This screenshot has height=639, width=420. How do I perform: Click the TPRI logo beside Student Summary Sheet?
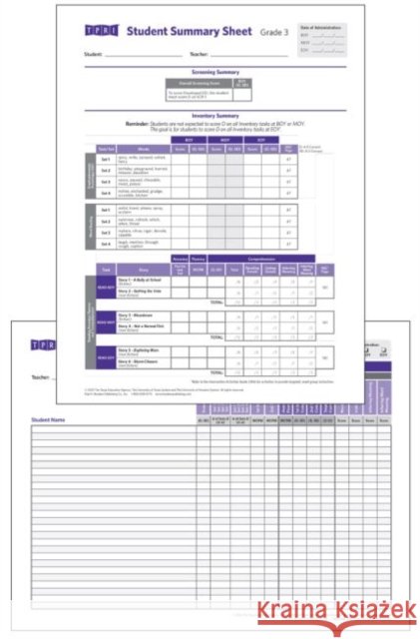pos(96,32)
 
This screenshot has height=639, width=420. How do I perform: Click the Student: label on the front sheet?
pos(95,54)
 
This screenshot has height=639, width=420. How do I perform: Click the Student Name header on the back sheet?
pos(50,419)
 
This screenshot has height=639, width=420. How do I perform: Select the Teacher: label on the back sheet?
pos(41,377)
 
